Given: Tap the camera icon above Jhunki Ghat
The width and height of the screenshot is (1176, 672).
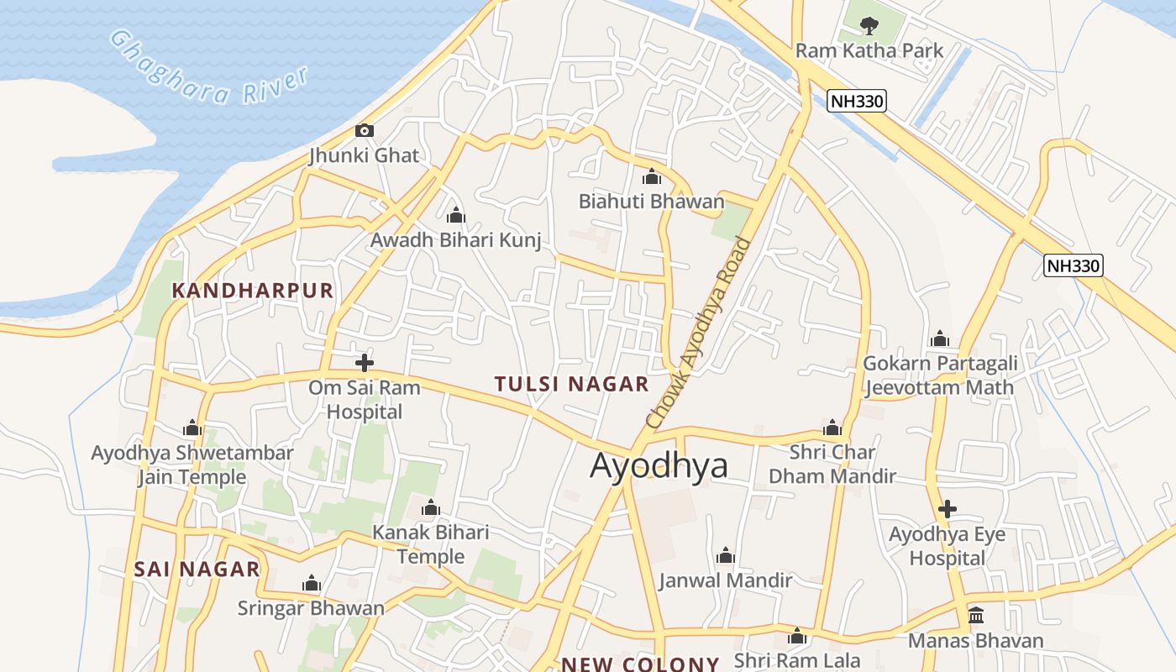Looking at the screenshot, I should point(364,130).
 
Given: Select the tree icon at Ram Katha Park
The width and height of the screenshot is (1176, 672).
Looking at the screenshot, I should point(869,25).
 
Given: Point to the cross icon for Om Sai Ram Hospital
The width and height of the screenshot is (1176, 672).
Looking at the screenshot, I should point(364,363).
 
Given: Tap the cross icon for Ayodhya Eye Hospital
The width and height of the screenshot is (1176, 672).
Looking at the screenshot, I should point(948,509).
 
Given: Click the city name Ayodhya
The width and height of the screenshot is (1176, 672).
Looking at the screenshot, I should point(659,465).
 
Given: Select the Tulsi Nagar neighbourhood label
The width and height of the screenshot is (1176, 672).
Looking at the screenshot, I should point(571,385).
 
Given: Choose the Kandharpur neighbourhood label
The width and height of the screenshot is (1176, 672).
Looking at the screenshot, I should point(253,291).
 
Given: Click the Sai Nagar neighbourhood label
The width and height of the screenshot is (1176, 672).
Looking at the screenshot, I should point(197,570).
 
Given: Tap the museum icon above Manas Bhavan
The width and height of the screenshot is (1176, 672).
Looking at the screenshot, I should point(976,616).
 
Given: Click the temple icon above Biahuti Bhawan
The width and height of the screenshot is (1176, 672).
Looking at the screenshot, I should point(651,177).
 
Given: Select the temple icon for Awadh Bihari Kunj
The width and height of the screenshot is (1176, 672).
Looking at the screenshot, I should point(455,215).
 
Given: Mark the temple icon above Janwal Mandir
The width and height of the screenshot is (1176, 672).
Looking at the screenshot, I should point(726,555).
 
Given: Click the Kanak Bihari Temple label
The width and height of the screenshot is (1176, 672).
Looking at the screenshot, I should point(431,544).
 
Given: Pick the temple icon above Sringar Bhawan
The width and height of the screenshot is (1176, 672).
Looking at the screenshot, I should point(312,584).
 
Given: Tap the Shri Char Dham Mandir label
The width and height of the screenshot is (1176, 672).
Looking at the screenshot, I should point(832,465).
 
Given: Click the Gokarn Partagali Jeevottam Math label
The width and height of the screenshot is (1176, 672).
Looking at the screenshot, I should point(940,375).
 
